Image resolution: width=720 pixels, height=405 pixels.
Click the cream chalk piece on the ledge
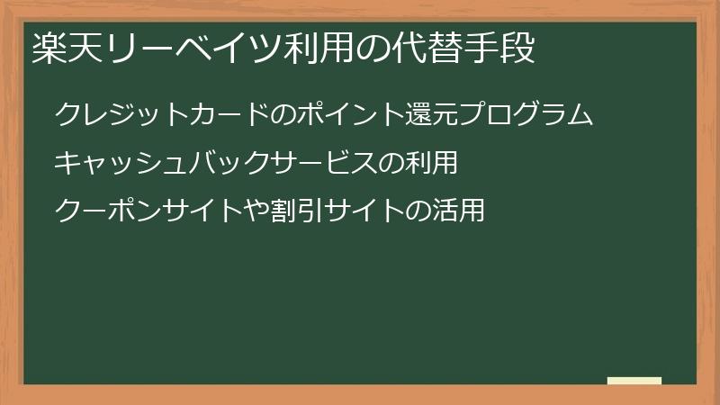(634, 381)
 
